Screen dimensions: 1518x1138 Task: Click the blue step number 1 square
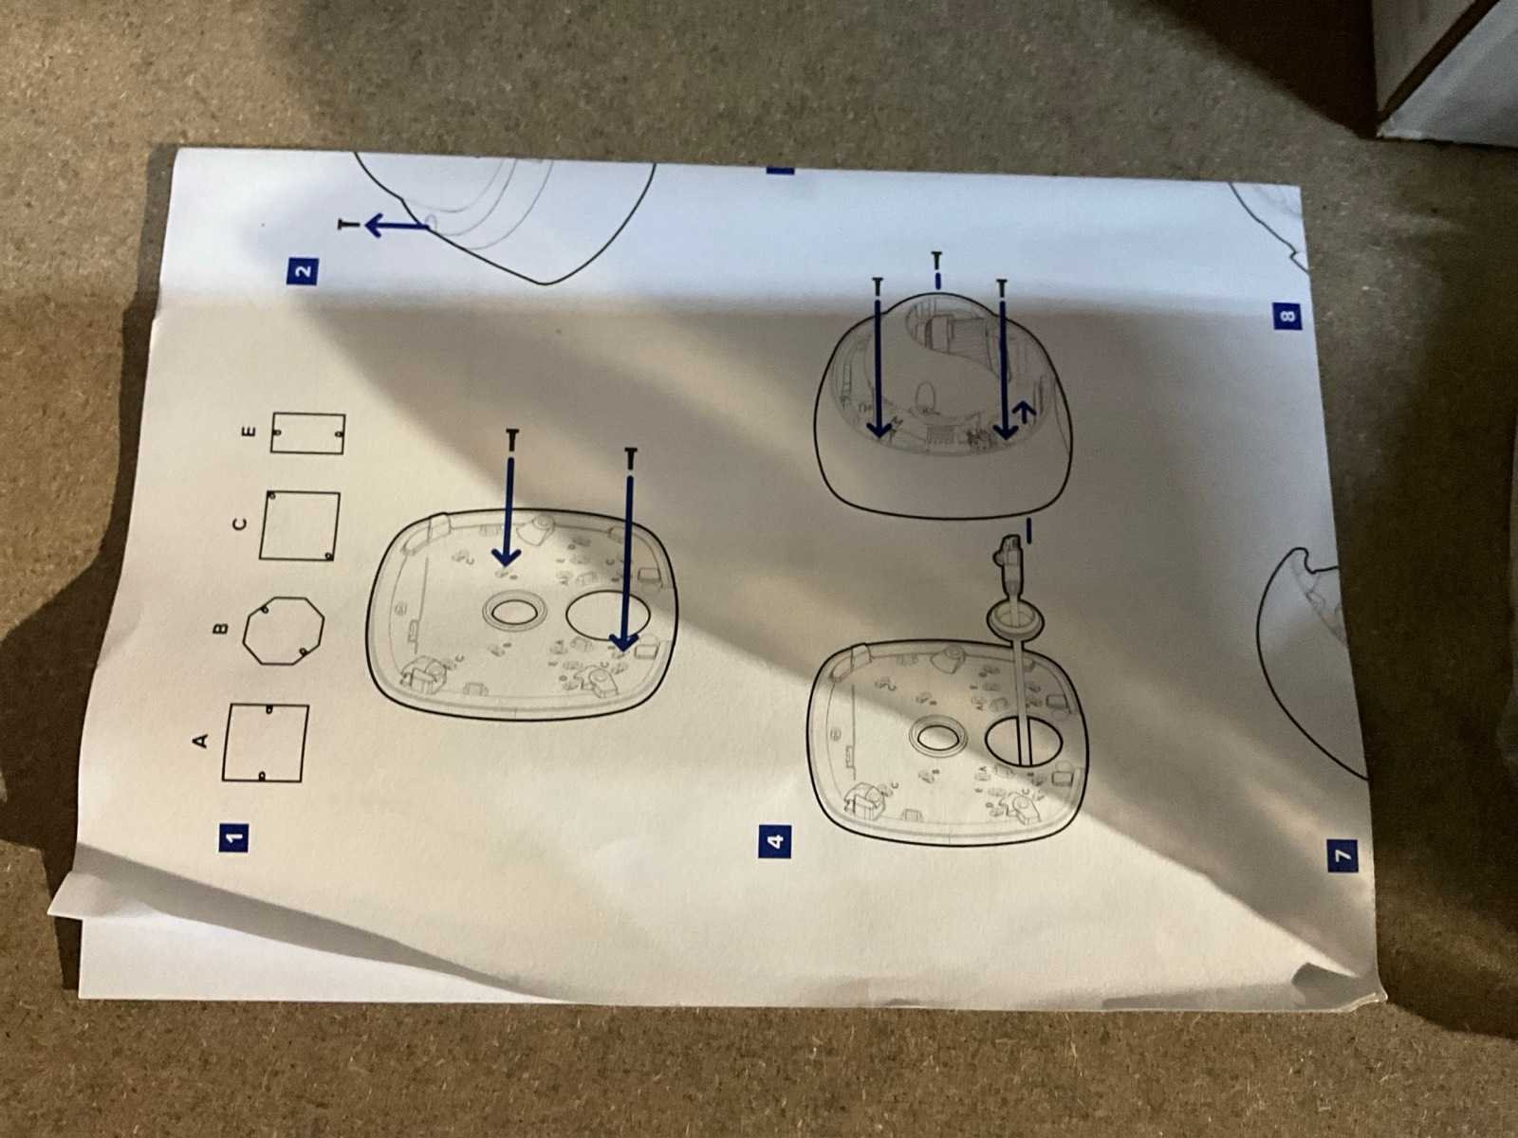(x=233, y=836)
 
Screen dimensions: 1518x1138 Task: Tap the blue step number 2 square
(x=303, y=270)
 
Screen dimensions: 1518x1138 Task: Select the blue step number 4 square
(x=775, y=841)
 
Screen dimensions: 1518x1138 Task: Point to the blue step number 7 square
(x=1342, y=855)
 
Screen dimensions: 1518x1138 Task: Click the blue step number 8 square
(x=1286, y=317)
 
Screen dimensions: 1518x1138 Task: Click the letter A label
(x=200, y=742)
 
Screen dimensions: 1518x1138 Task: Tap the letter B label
(x=220, y=629)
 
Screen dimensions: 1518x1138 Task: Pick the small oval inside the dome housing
(x=925, y=396)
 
